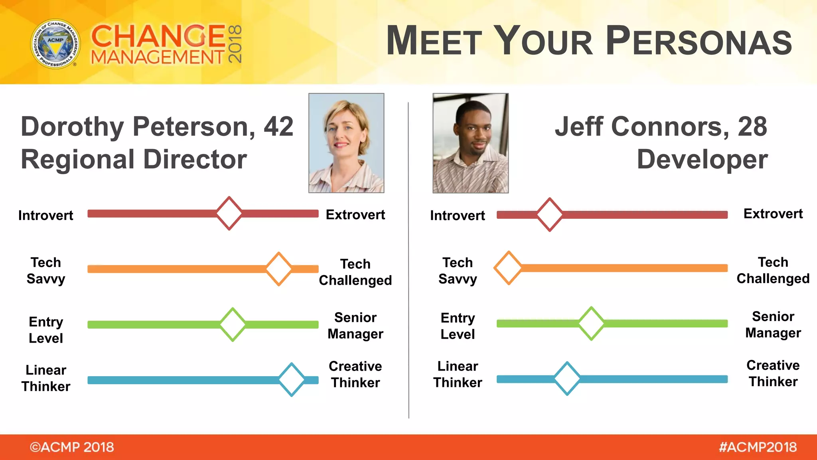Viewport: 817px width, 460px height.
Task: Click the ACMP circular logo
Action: point(55,44)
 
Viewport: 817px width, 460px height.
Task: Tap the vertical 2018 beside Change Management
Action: point(235,44)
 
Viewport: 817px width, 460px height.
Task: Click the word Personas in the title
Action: point(699,41)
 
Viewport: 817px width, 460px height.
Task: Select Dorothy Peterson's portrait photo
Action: point(346,143)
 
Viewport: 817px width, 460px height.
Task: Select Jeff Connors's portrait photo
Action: point(470,143)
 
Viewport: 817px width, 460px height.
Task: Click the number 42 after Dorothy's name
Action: point(278,127)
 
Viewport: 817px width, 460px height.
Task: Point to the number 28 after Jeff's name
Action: point(752,127)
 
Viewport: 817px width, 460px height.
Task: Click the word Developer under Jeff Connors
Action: point(702,159)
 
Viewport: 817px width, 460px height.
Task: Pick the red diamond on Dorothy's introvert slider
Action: point(229,213)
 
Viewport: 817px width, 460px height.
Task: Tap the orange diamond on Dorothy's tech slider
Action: point(279,269)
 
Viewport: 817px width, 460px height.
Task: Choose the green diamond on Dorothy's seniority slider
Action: point(233,324)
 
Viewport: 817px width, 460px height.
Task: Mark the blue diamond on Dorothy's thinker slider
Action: point(292,379)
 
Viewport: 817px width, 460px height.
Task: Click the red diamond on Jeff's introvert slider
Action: point(550,214)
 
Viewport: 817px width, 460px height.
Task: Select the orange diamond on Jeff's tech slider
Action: point(509,268)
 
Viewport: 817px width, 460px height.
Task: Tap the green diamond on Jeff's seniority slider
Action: point(591,323)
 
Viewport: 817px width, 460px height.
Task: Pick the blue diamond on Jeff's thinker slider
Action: point(567,379)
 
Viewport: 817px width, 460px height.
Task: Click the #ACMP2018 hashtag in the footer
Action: point(758,447)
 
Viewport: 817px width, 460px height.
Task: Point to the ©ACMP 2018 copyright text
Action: point(72,447)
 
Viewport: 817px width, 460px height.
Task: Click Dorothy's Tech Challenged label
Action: point(355,272)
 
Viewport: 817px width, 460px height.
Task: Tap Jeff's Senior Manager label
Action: point(773,325)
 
